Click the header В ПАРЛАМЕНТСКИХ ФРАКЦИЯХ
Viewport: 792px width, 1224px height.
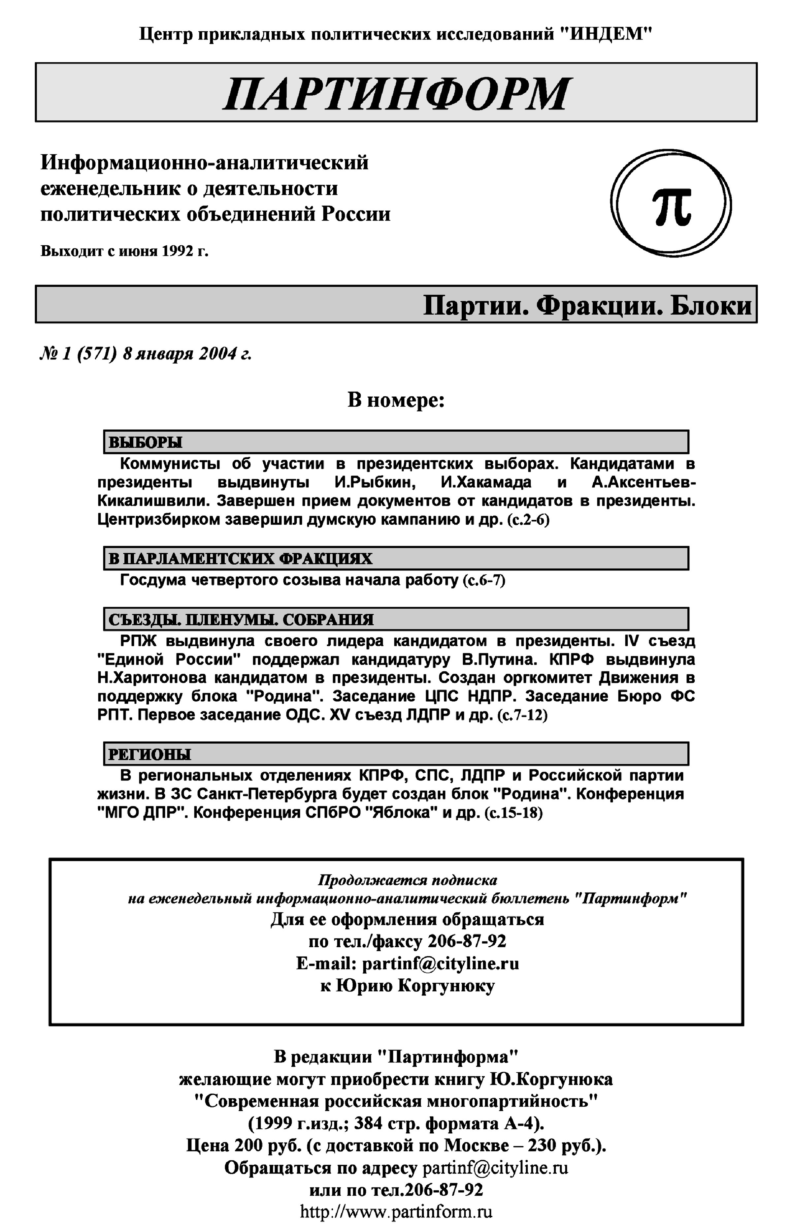point(241,559)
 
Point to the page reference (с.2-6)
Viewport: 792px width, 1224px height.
point(528,520)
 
